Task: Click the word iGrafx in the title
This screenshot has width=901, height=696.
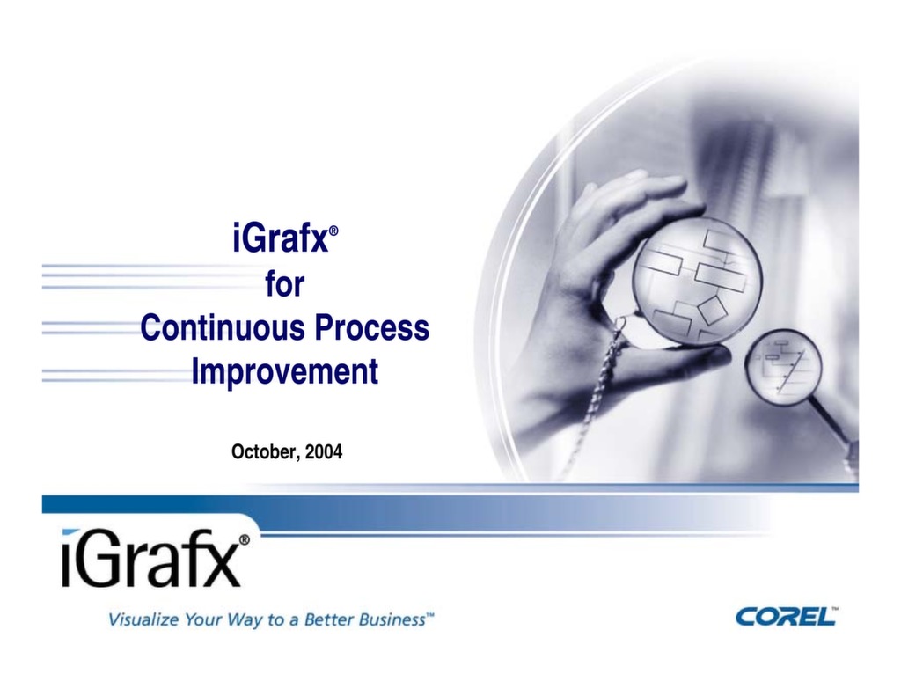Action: coord(278,239)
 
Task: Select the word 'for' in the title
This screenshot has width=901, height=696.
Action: coord(284,284)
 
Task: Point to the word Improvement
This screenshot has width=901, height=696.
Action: coord(284,371)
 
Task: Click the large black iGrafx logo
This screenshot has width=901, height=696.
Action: coord(150,560)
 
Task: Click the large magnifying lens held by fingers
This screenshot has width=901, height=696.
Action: coord(696,281)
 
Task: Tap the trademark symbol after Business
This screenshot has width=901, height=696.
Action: coord(430,616)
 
